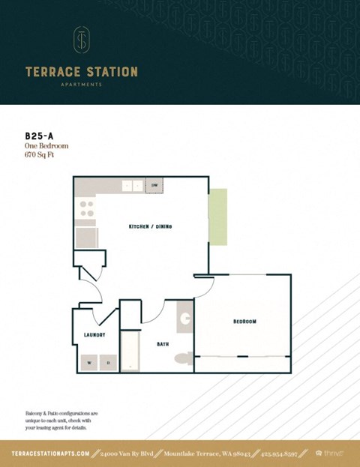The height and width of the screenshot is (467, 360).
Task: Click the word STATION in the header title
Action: coord(110,72)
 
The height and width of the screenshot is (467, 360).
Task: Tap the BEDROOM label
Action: coord(244,321)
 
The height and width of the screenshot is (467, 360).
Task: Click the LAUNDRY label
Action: coord(94,335)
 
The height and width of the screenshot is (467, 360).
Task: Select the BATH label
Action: coord(163,344)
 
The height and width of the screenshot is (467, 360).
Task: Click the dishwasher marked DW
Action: coord(154,185)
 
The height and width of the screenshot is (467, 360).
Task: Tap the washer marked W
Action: coord(90,363)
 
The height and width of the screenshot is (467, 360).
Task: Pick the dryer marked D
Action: coord(109,363)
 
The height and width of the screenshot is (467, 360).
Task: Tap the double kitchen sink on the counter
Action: coord(133,185)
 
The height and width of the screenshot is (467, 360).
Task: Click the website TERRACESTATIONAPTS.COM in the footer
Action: coord(50,454)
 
